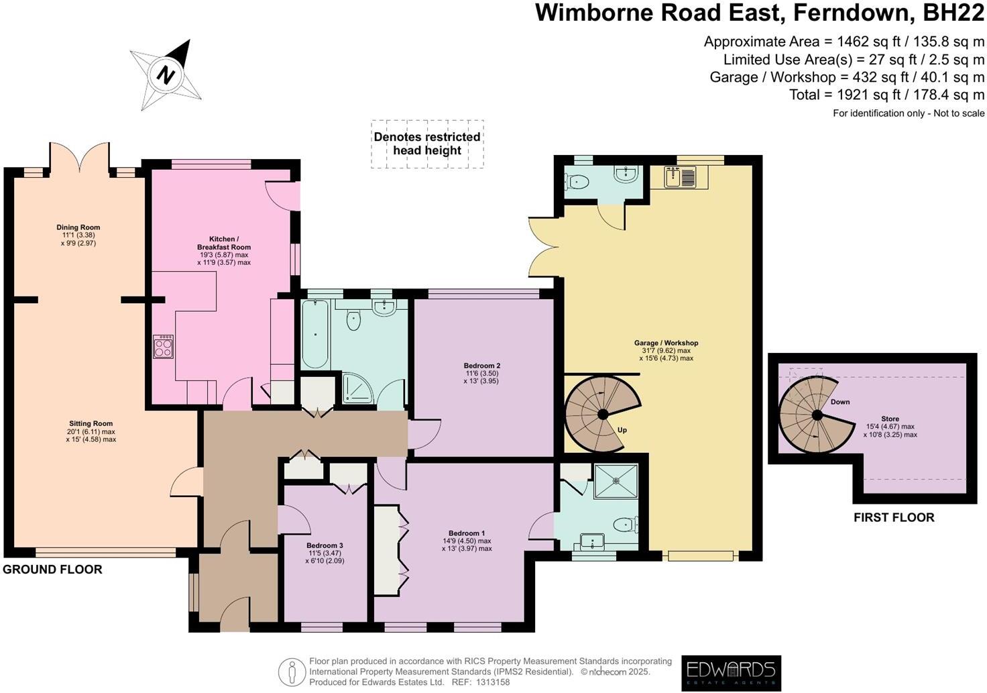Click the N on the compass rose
pos(166,74)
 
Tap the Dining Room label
pos(78,227)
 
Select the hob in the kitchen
pos(164,346)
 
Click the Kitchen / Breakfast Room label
pos(224,243)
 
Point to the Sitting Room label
pos(91,423)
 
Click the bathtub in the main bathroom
pos(315,335)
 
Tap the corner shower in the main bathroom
pos(358,388)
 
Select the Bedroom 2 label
pos(481,366)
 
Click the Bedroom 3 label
pos(325,545)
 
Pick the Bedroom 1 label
pos(467,533)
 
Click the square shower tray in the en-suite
pos(616,482)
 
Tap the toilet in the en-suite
pos(626,524)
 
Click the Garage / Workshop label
pos(666,343)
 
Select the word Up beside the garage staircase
pos(622,430)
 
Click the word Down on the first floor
pos(840,402)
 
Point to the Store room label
pos(890,419)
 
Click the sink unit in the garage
pos(679,177)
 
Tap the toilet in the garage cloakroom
pos(577,181)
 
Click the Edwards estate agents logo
pos(731,673)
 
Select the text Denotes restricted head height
pos(427,144)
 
